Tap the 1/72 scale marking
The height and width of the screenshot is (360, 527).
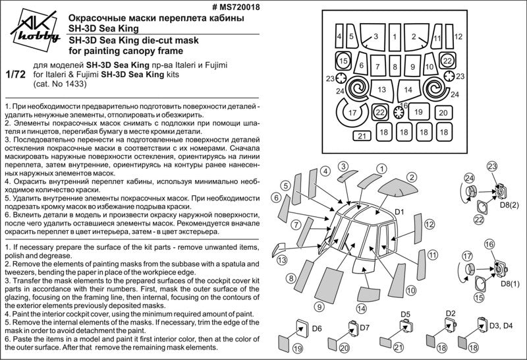tap(14, 75)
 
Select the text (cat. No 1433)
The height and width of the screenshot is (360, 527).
tap(59, 85)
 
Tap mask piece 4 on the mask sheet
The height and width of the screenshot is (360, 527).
tap(339, 37)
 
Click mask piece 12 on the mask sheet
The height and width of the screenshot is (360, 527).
tap(458, 37)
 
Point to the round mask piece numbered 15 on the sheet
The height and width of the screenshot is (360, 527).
tap(343, 61)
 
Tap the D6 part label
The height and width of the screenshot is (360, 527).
tap(316, 328)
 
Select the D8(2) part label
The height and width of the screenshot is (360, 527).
tap(510, 206)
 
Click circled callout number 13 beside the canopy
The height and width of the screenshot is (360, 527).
tap(282, 261)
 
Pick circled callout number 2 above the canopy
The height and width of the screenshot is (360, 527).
tap(410, 177)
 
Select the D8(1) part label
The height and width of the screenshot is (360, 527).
tap(510, 284)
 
